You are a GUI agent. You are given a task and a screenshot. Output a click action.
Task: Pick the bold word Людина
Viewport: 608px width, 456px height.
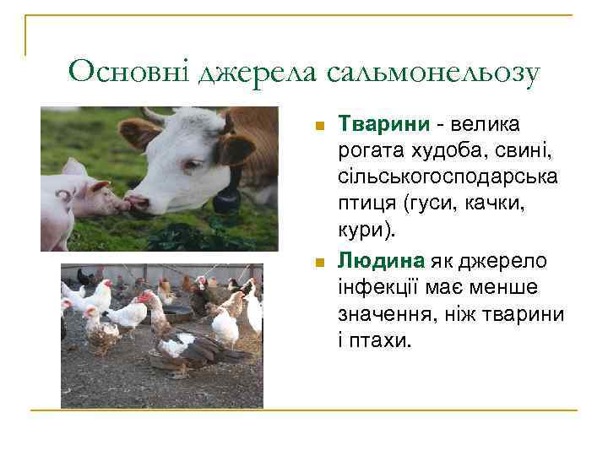(x=382, y=261)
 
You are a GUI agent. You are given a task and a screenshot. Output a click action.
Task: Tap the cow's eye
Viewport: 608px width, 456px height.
(x=194, y=163)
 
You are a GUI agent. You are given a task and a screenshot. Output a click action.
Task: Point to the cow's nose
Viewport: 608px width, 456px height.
(x=138, y=204)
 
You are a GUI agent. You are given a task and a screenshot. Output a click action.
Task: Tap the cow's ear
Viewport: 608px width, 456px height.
(x=138, y=131)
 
